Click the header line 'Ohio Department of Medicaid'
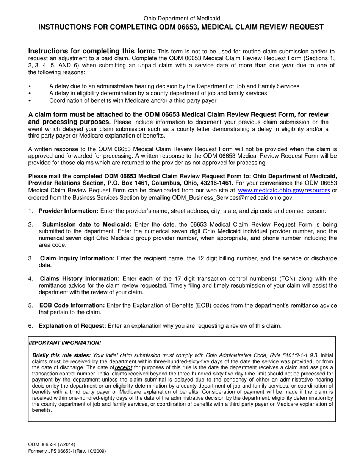(182, 18)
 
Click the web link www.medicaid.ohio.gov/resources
(284, 191)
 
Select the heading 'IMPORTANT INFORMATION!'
(65, 342)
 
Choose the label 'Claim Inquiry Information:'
(77, 258)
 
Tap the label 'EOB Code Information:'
(72, 305)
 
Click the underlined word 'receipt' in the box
(123, 367)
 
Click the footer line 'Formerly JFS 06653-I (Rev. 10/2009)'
(67, 451)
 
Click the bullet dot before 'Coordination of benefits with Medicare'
(30, 100)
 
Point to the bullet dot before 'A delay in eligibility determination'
(30, 93)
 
